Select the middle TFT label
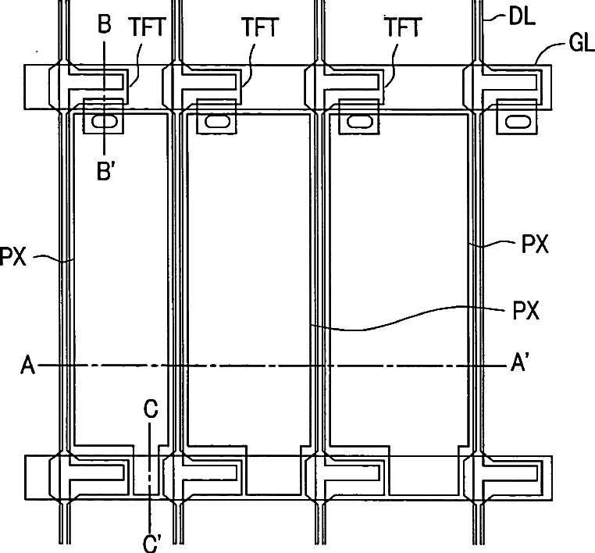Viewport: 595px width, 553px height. click(x=260, y=28)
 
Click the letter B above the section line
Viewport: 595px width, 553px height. click(x=104, y=24)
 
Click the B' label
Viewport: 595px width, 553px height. click(x=106, y=171)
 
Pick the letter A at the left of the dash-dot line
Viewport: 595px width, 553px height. click(x=28, y=365)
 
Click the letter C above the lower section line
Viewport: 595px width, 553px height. click(x=151, y=409)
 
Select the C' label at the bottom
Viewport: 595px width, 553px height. click(x=152, y=540)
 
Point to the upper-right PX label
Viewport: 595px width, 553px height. click(x=535, y=245)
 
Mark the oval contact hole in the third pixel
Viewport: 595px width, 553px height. click(x=360, y=122)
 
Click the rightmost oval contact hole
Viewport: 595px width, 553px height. click(x=517, y=122)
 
